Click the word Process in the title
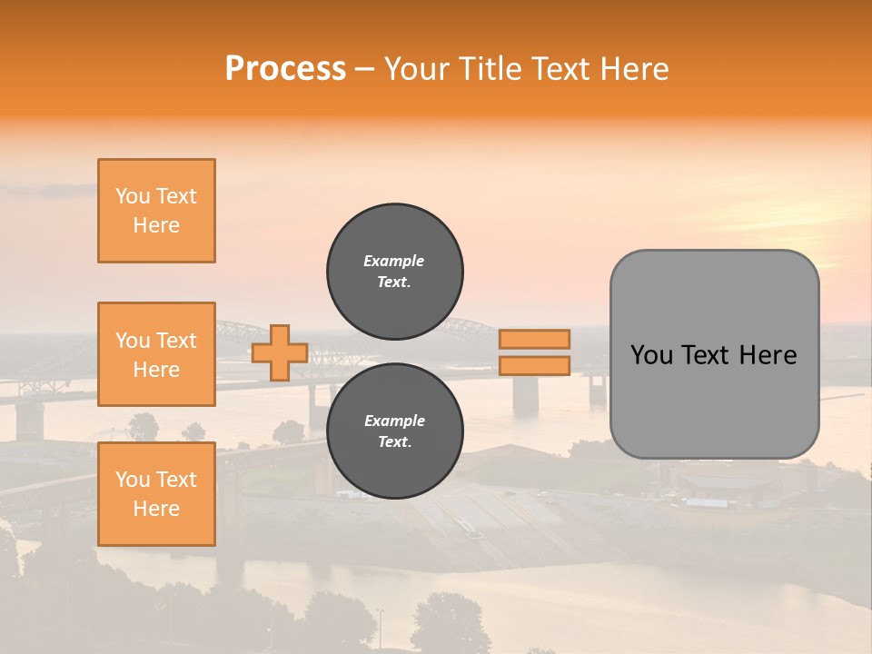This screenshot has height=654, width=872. pyautogui.click(x=285, y=69)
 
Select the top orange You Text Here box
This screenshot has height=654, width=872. pyautogui.click(x=156, y=211)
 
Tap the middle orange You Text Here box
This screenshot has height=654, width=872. pyautogui.click(x=156, y=354)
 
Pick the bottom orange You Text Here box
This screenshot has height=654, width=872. pyautogui.click(x=156, y=494)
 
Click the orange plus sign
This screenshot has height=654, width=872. pyautogui.click(x=280, y=353)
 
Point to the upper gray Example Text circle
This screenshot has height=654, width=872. pyautogui.click(x=395, y=272)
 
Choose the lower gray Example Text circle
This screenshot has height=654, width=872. pyautogui.click(x=395, y=431)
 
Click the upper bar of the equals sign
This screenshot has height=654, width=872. pyautogui.click(x=534, y=340)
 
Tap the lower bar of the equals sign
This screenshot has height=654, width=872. pyautogui.click(x=534, y=366)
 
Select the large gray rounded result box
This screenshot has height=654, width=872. pyautogui.click(x=714, y=354)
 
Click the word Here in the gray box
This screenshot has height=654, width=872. pyautogui.click(x=768, y=355)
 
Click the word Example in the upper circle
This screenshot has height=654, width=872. pyautogui.click(x=394, y=261)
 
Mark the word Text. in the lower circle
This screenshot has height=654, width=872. pyautogui.click(x=394, y=442)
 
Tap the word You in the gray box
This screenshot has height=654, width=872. pyautogui.click(x=651, y=355)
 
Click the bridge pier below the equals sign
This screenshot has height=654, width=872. pyautogui.click(x=525, y=394)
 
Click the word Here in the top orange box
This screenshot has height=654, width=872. pyautogui.click(x=156, y=225)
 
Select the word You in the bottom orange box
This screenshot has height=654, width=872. pyautogui.click(x=132, y=480)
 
